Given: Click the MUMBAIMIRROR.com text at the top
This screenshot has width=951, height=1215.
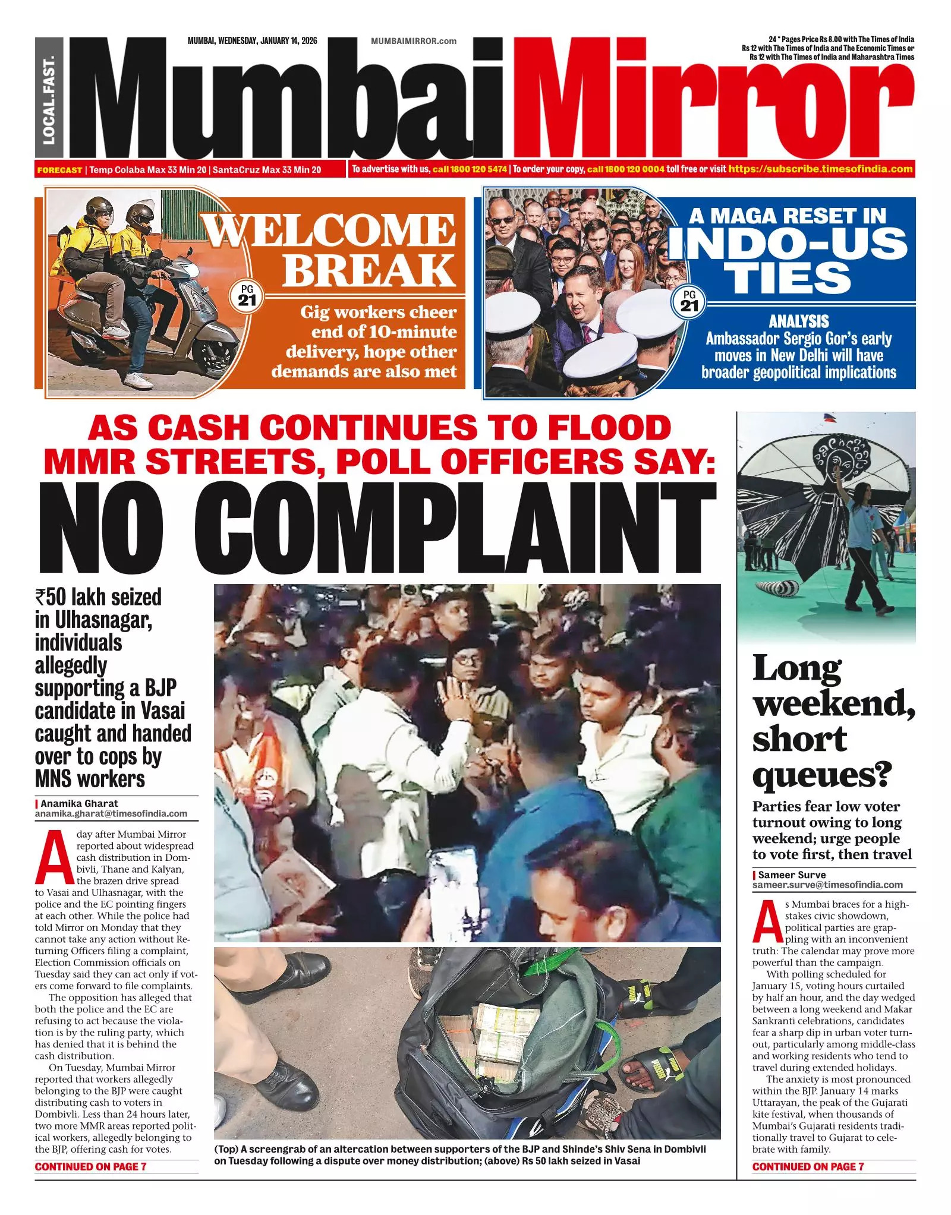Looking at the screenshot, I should (x=414, y=41).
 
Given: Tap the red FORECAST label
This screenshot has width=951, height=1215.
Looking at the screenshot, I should (x=59, y=170).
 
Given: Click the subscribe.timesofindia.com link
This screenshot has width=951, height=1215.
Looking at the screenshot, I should (x=821, y=169).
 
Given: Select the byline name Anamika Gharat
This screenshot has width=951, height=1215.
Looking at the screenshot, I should (x=79, y=803).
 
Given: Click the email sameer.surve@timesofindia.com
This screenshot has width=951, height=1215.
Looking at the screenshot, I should (x=827, y=885).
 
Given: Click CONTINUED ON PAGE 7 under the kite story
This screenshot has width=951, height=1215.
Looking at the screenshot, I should (x=808, y=1166).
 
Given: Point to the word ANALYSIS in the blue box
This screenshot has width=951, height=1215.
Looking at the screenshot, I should (x=798, y=321).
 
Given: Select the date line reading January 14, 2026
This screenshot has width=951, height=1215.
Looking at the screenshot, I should (x=252, y=41).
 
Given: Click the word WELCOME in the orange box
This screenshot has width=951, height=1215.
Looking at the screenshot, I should (x=330, y=231).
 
